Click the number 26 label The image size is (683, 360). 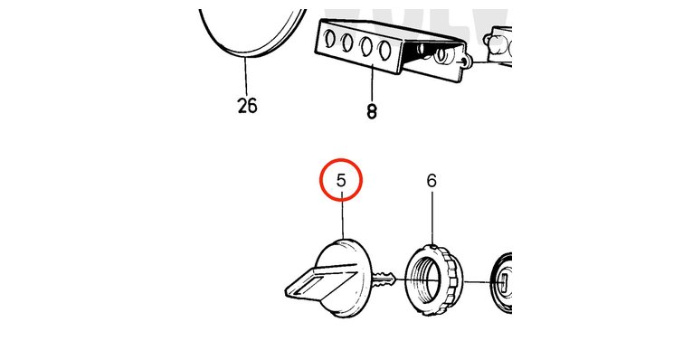point(247,105)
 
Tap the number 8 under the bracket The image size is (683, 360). point(371,111)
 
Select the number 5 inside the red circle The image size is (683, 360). point(341,180)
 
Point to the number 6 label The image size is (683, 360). point(432,180)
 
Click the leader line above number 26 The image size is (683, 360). point(246,77)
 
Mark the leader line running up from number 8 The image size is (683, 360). point(372,83)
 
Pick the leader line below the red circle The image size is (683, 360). point(343,219)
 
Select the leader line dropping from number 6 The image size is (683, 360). point(432,218)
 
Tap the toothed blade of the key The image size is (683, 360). point(384,279)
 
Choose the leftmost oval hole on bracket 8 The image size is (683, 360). point(329,39)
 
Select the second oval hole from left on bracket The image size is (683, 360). point(347,43)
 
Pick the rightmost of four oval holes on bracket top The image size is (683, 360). point(384,50)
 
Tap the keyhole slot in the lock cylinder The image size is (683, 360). point(504,283)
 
